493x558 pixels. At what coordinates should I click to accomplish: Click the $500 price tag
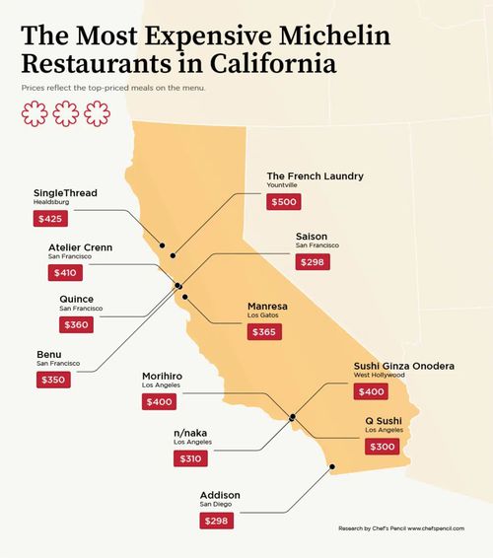283,202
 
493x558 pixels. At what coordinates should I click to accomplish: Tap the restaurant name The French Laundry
316,176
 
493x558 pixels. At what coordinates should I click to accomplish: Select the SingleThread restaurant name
65,192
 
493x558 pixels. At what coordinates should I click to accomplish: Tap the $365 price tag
264,332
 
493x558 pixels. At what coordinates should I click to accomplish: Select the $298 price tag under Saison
313,262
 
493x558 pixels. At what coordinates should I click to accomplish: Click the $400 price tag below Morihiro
159,401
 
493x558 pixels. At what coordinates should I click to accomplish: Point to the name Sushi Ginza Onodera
404,367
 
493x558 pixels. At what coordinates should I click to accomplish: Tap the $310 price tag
188,459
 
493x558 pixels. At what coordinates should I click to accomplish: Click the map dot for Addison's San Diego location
332,467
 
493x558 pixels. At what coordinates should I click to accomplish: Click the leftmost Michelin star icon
35,115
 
